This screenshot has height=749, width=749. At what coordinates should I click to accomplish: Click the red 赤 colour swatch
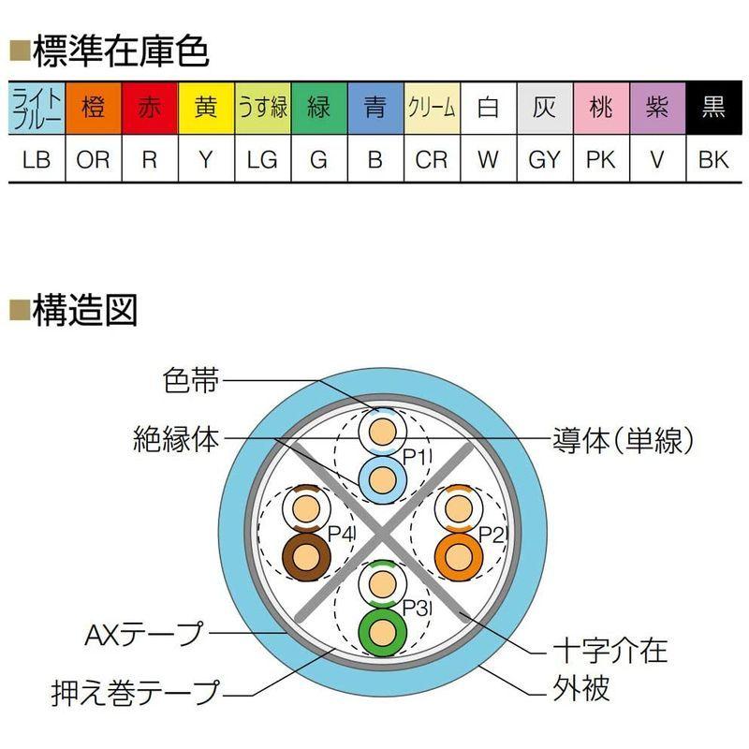click(150, 109)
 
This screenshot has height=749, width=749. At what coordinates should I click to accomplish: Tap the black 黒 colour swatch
click(712, 109)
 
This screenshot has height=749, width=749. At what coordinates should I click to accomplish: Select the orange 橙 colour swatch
click(94, 109)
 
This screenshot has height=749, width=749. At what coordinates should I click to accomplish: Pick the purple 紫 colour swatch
click(656, 109)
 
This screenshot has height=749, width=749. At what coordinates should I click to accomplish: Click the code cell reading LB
click(37, 159)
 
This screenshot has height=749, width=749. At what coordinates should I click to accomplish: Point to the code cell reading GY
click(544, 159)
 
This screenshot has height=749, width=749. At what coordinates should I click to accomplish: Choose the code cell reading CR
click(432, 159)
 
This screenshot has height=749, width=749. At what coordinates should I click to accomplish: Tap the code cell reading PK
click(600, 159)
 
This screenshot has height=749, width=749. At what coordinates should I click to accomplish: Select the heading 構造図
click(84, 310)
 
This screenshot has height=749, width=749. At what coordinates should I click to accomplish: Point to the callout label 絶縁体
click(176, 438)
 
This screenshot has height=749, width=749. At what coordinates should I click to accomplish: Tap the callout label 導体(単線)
click(620, 438)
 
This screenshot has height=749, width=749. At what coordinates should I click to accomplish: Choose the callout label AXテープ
click(142, 634)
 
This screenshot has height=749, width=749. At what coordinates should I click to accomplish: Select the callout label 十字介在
click(609, 649)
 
